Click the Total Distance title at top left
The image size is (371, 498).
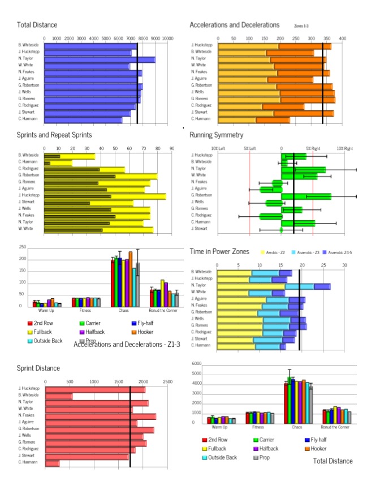(x=37, y=25)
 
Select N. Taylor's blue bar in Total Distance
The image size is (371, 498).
(x=99, y=59)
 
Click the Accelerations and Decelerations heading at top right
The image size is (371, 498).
(x=234, y=25)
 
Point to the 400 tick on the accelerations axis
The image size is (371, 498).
(x=342, y=37)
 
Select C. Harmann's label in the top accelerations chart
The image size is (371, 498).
(x=201, y=119)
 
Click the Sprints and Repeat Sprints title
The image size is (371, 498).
(x=54, y=135)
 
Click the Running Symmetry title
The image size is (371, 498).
(x=217, y=135)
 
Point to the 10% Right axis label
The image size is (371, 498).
(x=345, y=148)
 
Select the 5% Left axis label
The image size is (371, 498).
(x=249, y=148)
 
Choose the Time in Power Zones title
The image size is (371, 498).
(x=219, y=251)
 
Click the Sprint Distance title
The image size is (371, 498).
(x=38, y=368)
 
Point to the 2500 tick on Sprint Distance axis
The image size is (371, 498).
(x=167, y=382)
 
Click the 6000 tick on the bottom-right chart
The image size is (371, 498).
(x=197, y=363)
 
